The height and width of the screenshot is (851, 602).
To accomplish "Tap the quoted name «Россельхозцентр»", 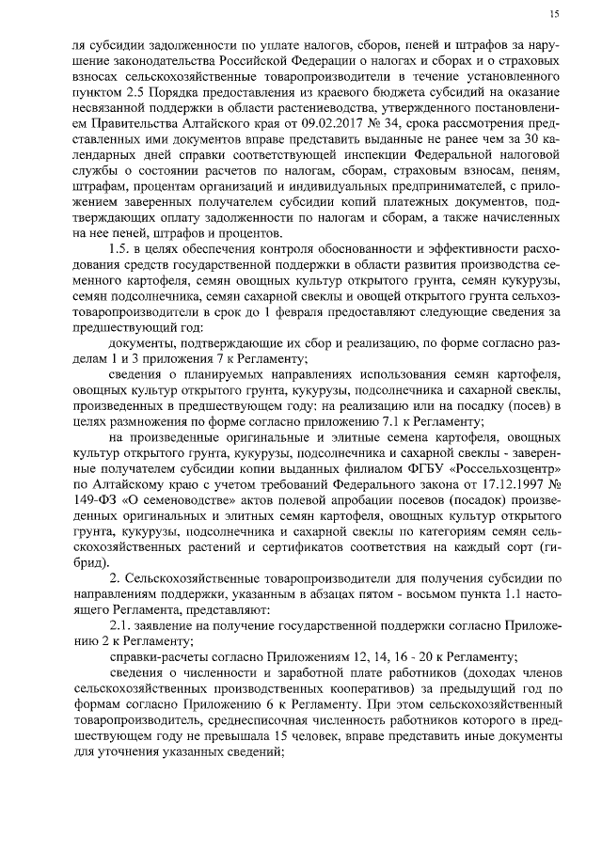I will pos(509,468).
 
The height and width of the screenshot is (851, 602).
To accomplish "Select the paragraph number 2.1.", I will pos(120,624).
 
